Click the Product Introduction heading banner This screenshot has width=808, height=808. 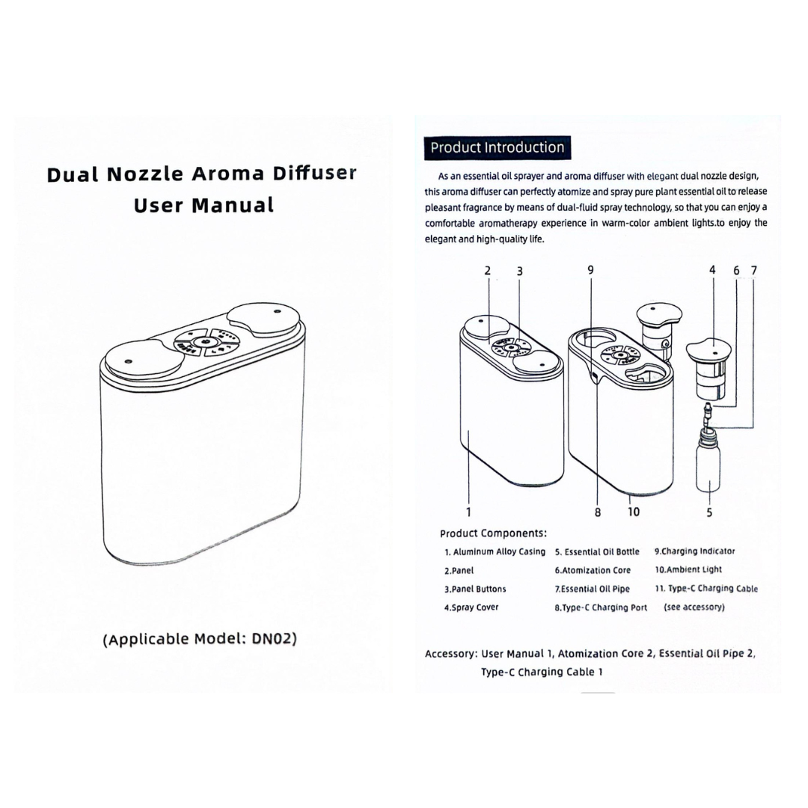pos(497,147)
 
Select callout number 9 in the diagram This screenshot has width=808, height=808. pos(590,270)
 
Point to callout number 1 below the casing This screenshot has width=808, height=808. pos(468,512)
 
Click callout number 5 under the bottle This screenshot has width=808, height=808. pos(709,512)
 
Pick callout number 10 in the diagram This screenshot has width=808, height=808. pos(634,512)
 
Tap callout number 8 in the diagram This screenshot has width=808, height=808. pos(598,512)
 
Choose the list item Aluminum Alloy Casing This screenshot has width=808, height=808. pos(495,552)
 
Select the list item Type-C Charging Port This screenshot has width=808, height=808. pos(601,607)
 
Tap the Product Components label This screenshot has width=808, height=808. pos(493,533)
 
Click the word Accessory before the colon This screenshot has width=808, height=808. pos(450,653)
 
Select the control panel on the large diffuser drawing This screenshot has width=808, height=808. pos(203,342)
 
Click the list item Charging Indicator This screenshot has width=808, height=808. pos(694,551)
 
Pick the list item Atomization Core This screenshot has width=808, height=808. pos(593,570)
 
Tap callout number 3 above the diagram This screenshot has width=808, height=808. pos(519,270)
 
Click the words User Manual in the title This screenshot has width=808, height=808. pos(203,205)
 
